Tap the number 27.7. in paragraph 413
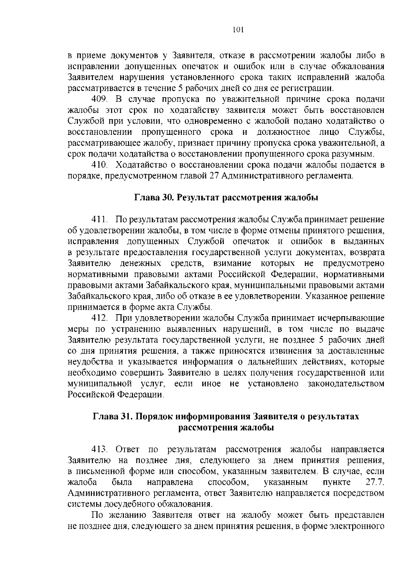point(375,482)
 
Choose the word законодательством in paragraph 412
point(346,384)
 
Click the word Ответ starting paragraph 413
point(127,450)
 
